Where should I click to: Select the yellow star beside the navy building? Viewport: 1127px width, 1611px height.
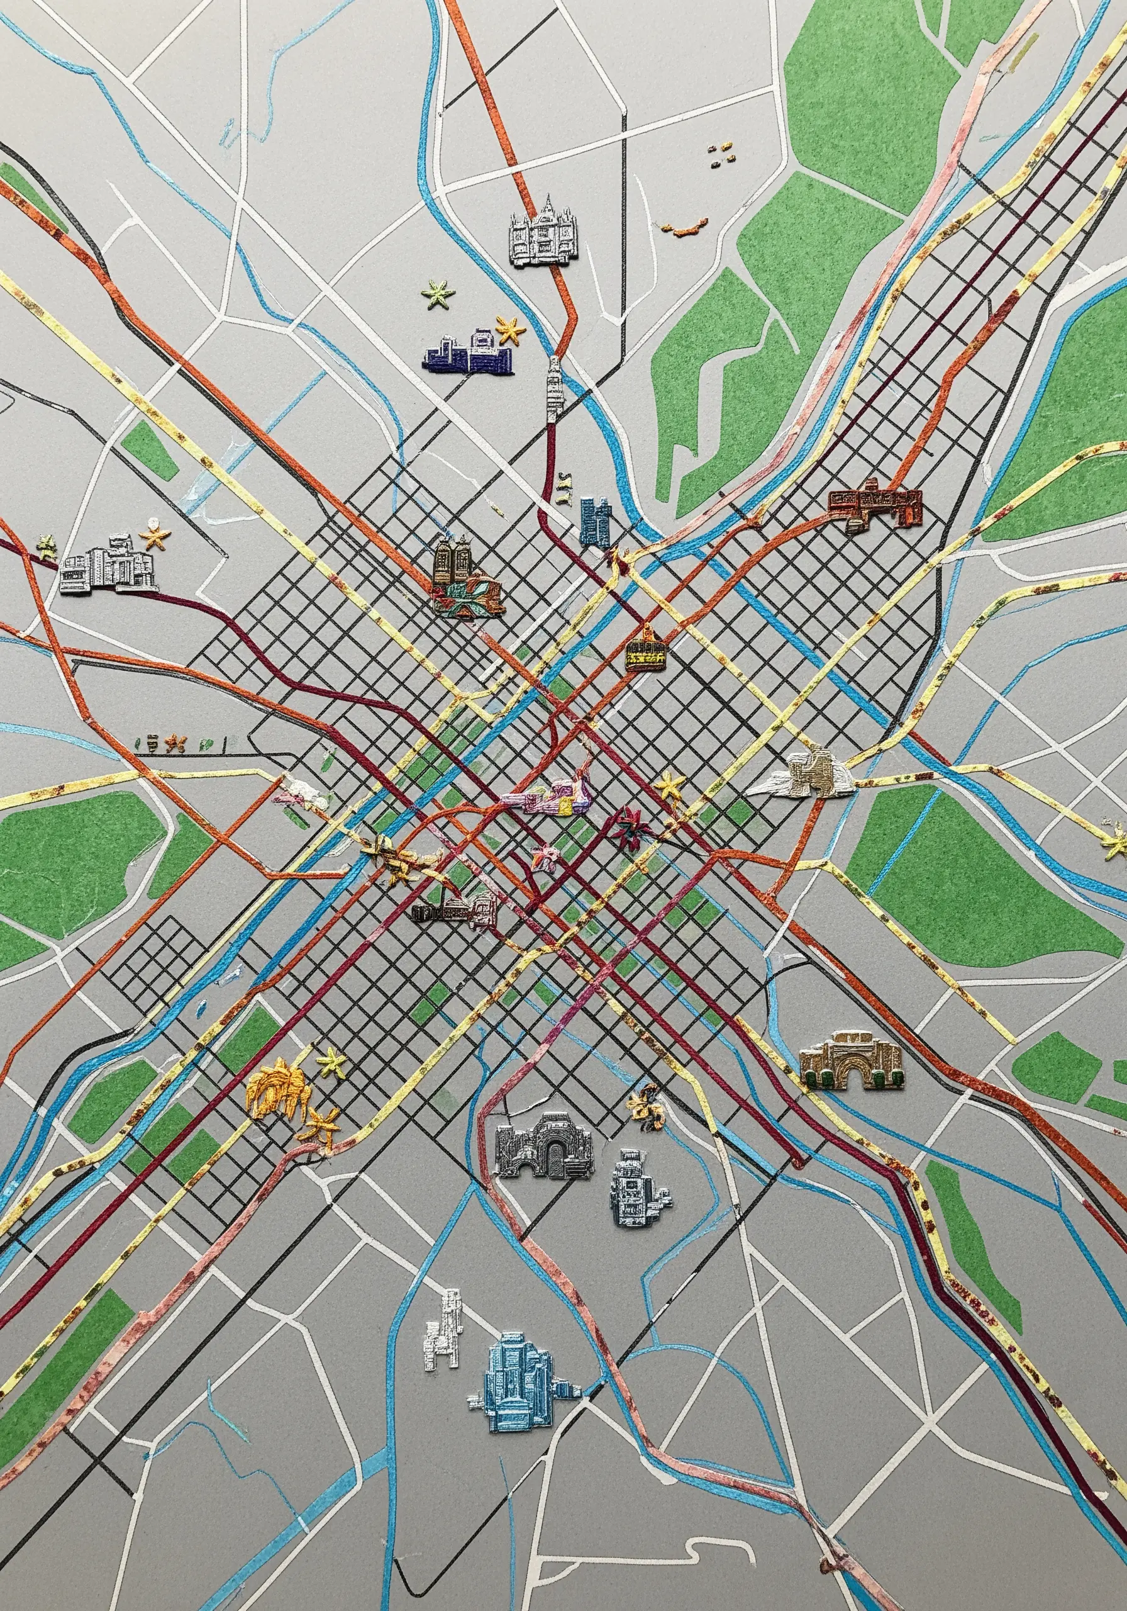click(511, 329)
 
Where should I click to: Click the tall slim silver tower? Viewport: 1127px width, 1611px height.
click(554, 390)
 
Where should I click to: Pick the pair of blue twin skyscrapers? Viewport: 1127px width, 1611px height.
click(595, 520)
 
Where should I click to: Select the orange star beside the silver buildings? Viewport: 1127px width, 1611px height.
click(154, 536)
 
